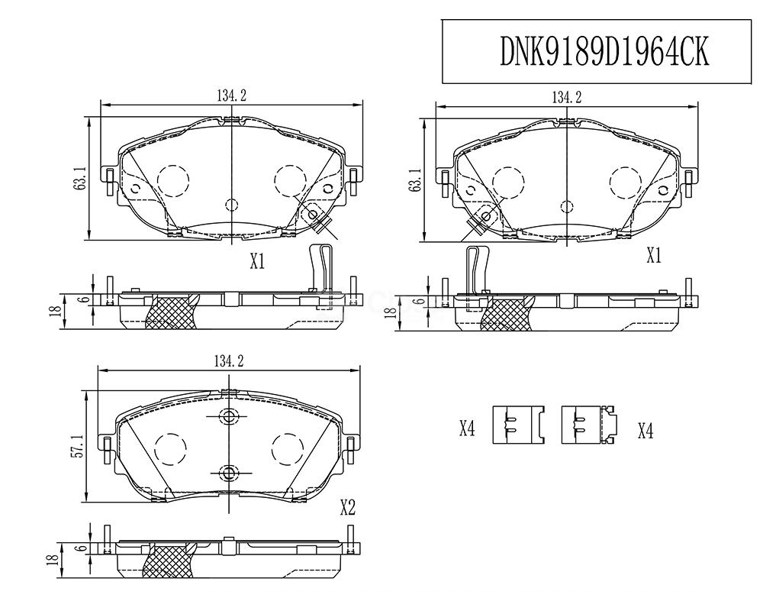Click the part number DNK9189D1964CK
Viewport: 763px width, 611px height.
click(x=604, y=52)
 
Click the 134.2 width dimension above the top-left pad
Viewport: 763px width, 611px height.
click(x=232, y=96)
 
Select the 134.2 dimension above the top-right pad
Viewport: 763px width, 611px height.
click(x=566, y=98)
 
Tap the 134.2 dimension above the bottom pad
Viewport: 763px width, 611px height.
click(x=229, y=361)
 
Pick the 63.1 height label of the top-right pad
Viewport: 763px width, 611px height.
click(x=415, y=179)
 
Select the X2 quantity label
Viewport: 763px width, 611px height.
click(x=347, y=508)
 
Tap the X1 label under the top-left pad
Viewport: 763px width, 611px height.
click(x=257, y=262)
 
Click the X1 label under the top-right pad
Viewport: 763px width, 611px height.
click(x=654, y=255)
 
